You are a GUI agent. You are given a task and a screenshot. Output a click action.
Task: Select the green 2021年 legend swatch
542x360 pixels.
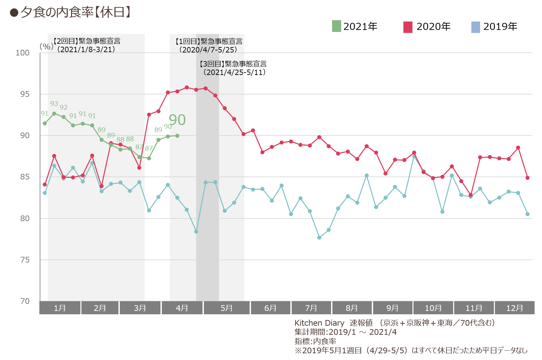[336, 26]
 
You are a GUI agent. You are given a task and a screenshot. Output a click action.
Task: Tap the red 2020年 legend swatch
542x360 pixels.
[408, 27]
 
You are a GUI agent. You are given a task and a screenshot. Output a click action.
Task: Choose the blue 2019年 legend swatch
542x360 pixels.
[475, 27]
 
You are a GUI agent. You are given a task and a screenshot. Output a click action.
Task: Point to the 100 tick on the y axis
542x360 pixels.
[23, 53]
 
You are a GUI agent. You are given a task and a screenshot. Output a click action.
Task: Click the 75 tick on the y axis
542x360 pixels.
[25, 260]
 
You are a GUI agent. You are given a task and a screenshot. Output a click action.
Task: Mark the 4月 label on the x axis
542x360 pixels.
[182, 308]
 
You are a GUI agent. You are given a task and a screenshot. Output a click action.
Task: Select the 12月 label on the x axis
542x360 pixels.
[515, 308]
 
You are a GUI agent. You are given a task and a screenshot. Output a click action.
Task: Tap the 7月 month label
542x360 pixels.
[311, 308]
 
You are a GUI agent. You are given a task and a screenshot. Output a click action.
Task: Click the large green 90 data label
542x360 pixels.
[177, 120]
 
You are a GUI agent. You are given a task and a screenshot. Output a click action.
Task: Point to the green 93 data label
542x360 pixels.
[54, 104]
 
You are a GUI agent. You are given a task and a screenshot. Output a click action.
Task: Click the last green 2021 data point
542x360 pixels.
[177, 136]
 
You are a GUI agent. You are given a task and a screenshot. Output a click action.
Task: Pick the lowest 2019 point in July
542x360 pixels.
[319, 238]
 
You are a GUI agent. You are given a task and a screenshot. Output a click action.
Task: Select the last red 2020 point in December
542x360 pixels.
[528, 178]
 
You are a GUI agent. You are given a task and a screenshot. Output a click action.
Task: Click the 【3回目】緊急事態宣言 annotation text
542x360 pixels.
[233, 64]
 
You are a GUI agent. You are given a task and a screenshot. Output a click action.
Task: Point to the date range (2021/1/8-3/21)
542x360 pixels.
[86, 49]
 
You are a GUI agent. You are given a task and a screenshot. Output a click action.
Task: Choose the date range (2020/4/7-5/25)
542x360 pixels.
[208, 50]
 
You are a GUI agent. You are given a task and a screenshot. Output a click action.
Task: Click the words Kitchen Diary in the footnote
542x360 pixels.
[319, 323]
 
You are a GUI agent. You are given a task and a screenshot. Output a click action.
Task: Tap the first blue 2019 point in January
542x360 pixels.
[45, 193]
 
